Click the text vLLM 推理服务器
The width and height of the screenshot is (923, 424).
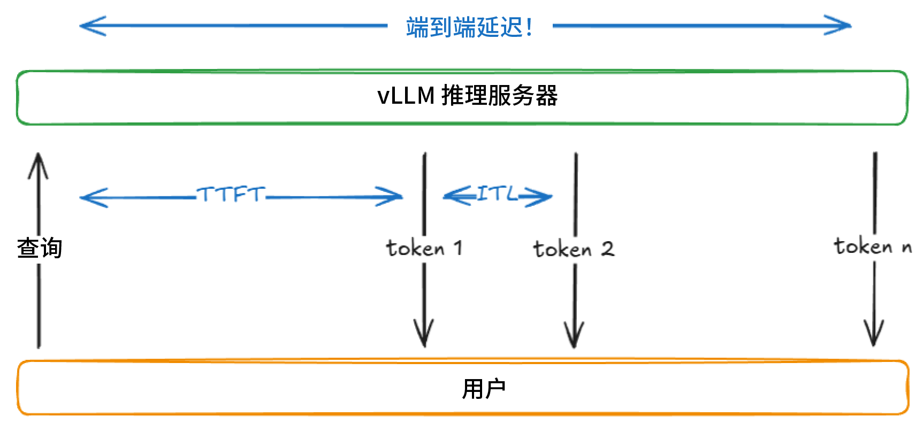[467, 96]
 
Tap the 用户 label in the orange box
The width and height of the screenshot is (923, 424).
[484, 389]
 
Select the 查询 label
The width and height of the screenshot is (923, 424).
[40, 248]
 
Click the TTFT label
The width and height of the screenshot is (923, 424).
[231, 194]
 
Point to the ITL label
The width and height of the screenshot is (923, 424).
[497, 194]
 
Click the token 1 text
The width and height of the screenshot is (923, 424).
[424, 248]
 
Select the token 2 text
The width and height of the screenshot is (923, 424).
[574, 249]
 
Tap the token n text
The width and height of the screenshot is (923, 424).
[872, 246]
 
